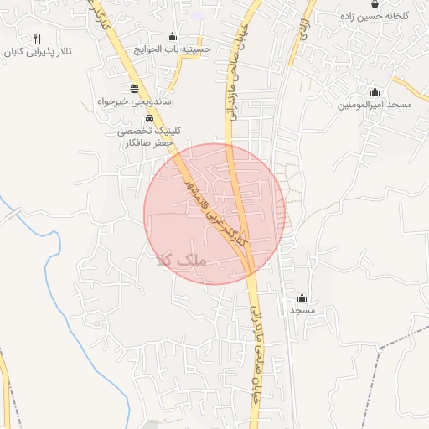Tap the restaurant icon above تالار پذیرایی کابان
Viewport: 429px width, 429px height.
[x=38, y=39]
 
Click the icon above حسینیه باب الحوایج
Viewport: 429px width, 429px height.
[x=173, y=36]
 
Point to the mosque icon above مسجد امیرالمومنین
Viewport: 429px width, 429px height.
[x=375, y=92]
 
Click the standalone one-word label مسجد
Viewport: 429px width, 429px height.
[x=302, y=310]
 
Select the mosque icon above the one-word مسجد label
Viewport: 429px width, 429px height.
[x=302, y=297]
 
